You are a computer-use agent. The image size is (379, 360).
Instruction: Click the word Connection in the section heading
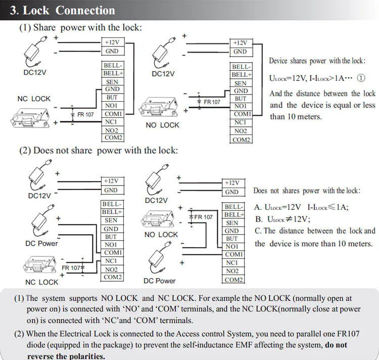(x=85, y=10)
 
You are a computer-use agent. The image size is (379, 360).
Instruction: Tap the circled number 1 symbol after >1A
(x=361, y=78)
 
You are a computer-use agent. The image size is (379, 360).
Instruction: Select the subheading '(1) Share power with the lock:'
(x=80, y=28)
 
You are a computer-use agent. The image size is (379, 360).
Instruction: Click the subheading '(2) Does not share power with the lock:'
(x=99, y=150)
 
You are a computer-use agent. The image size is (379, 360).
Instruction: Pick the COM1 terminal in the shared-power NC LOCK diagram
(x=113, y=114)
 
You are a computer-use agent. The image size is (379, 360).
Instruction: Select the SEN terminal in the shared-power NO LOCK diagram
(x=241, y=83)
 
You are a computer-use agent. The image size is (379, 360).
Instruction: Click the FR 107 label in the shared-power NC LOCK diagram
(x=85, y=115)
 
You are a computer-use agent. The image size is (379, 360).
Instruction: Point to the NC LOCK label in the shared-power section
(x=34, y=99)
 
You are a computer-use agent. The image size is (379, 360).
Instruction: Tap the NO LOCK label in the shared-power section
(x=162, y=125)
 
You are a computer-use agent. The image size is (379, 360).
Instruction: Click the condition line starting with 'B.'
(x=282, y=219)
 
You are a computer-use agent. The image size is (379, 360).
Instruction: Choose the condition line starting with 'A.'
(x=302, y=207)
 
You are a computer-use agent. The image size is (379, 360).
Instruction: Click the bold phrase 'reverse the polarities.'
(x=66, y=356)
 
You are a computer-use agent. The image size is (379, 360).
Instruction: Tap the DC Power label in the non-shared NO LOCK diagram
(x=159, y=281)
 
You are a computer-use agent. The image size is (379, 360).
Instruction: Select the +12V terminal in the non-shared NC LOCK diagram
(x=111, y=181)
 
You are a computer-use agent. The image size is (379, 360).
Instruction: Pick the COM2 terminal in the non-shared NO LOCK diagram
(x=233, y=280)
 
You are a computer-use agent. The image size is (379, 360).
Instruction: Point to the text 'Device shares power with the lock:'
(x=317, y=61)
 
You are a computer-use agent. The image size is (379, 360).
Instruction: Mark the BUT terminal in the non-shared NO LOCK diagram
(x=232, y=239)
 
